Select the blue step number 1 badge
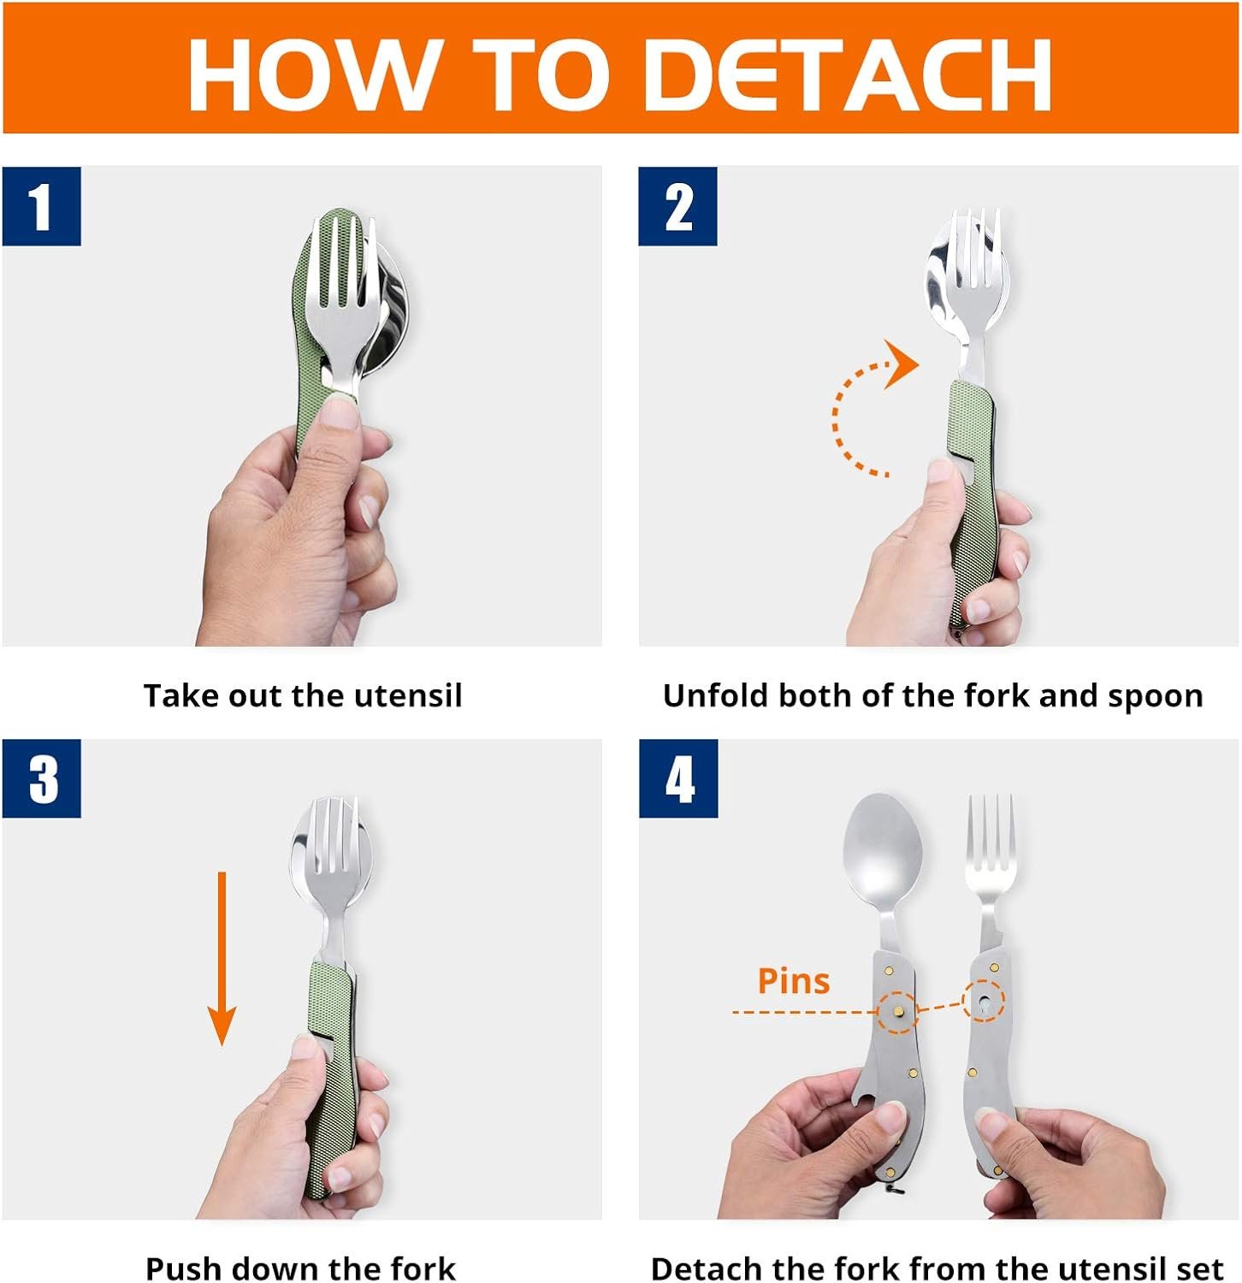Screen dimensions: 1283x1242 [41, 206]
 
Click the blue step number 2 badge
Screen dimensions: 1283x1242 [677, 206]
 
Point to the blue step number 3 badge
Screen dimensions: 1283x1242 [41, 779]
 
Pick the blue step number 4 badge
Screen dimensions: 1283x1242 [678, 779]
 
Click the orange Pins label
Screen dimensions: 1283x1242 [793, 981]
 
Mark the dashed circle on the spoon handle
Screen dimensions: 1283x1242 [897, 1012]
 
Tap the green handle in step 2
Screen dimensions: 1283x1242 [974, 479]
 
